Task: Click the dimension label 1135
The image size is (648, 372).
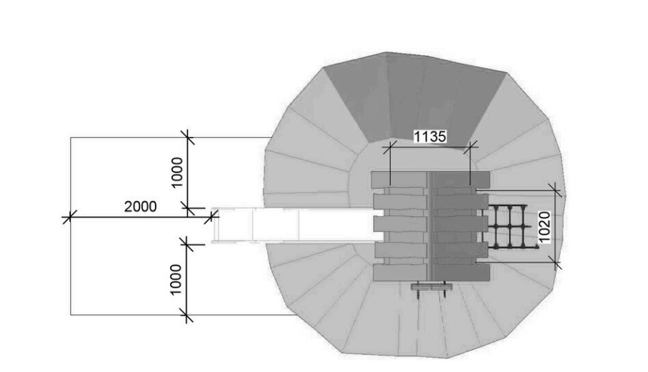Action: click(430, 136)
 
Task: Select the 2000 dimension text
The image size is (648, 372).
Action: click(141, 207)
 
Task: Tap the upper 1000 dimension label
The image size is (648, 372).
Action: click(176, 172)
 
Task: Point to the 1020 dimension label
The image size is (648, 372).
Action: click(544, 227)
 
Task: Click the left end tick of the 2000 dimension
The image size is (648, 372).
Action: click(69, 217)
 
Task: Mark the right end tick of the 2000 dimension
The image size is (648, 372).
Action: click(211, 217)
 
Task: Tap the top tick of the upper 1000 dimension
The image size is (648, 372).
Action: click(187, 137)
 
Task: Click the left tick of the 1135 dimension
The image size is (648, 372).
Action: click(389, 147)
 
